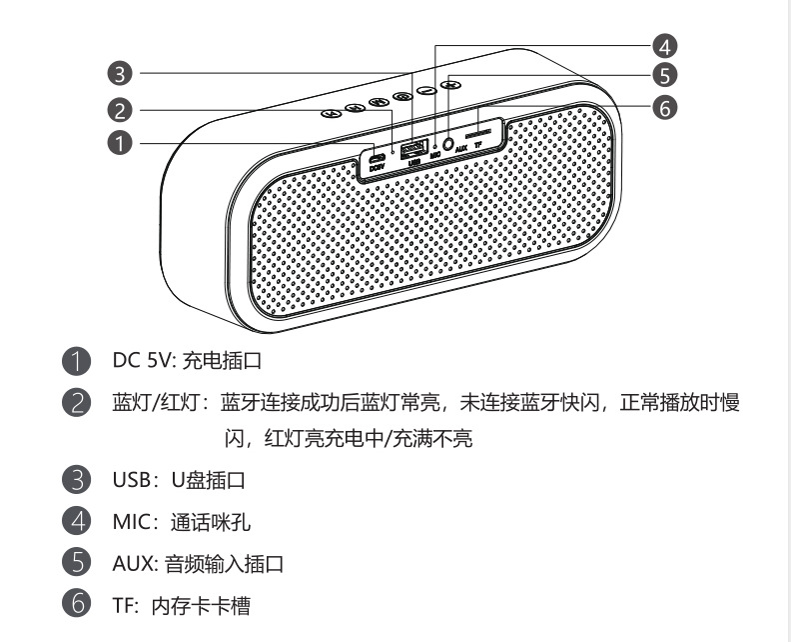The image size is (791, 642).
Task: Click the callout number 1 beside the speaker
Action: tap(119, 144)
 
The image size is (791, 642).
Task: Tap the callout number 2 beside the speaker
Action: tap(119, 110)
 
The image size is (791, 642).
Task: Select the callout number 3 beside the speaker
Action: tap(119, 74)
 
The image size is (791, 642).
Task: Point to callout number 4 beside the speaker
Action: tap(665, 45)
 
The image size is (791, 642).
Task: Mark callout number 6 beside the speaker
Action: tap(665, 107)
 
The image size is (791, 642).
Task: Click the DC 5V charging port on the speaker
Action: tap(376, 159)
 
